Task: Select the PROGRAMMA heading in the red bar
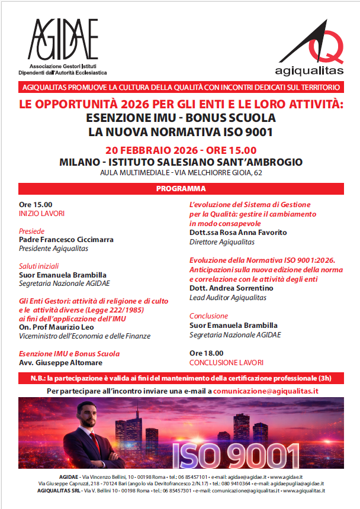tap(181, 189)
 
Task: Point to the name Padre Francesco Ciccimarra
tap(66, 240)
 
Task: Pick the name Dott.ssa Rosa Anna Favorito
tap(238, 233)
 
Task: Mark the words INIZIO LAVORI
tap(42, 213)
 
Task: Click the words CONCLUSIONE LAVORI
tap(226, 362)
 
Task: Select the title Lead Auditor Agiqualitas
tap(228, 297)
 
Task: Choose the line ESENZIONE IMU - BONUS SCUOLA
tap(181, 118)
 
